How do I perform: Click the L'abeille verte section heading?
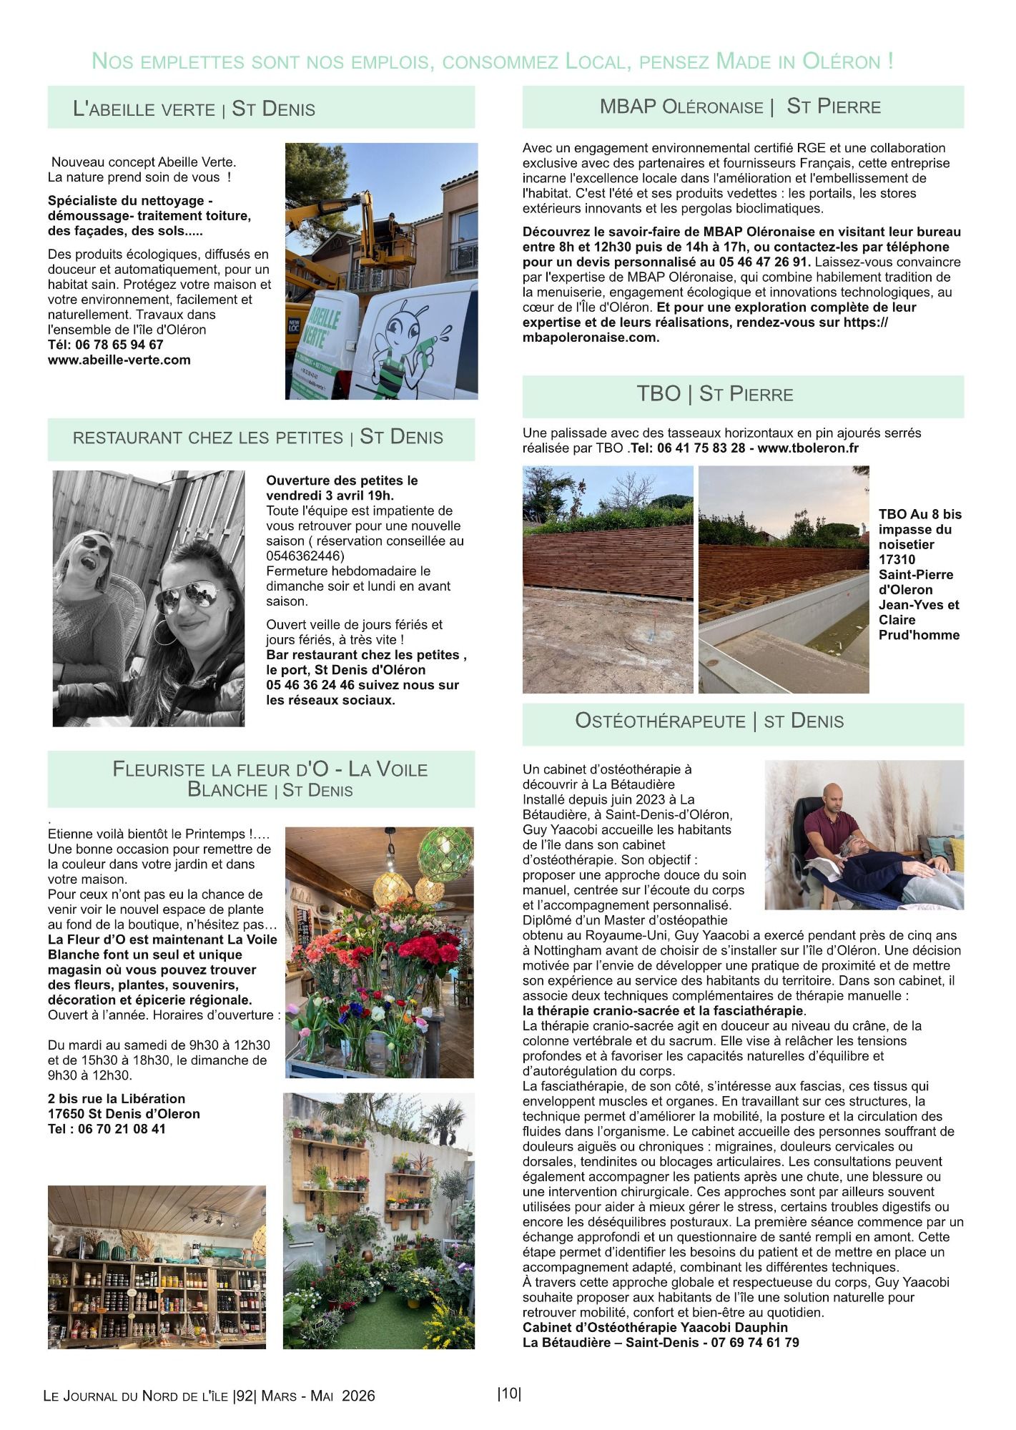pos(194,109)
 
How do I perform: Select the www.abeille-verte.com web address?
pos(119,360)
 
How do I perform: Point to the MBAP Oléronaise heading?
pos(740,107)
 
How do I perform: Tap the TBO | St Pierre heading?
pos(715,394)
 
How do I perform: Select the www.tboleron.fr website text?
pos(807,448)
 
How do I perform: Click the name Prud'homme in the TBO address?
pos(919,635)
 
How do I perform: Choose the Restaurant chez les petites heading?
pos(258,438)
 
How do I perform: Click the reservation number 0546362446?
pos(302,556)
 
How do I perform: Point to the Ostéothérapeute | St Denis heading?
pos(709,721)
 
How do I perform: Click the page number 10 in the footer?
pos(509,1394)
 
